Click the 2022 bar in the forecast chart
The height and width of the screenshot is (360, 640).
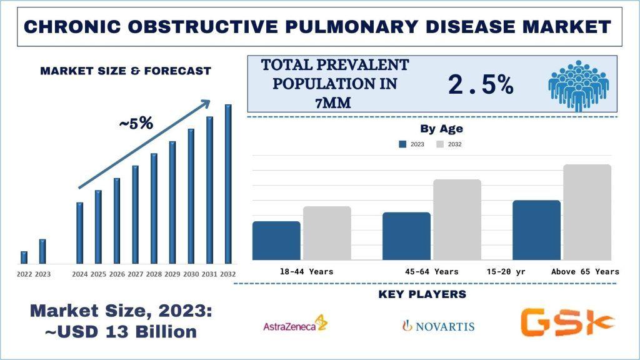pos(24,257)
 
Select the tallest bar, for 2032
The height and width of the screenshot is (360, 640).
pos(228,184)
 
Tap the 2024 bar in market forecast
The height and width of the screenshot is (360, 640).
pos(79,232)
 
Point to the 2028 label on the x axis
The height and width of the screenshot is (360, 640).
pos(154,274)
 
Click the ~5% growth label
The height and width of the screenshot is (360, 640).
pos(136,124)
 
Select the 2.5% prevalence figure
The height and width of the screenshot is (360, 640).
pos(481,85)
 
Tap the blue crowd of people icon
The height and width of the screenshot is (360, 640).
pos(578,85)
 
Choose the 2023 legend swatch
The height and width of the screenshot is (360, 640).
pos(402,144)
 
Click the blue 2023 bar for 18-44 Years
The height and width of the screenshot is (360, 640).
pos(276,241)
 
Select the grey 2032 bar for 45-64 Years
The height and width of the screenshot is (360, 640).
pos(457,219)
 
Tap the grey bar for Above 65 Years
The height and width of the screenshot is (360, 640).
pos(587,212)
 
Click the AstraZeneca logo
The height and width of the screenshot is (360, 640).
pos(294,324)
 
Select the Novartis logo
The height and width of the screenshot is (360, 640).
pos(437,326)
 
